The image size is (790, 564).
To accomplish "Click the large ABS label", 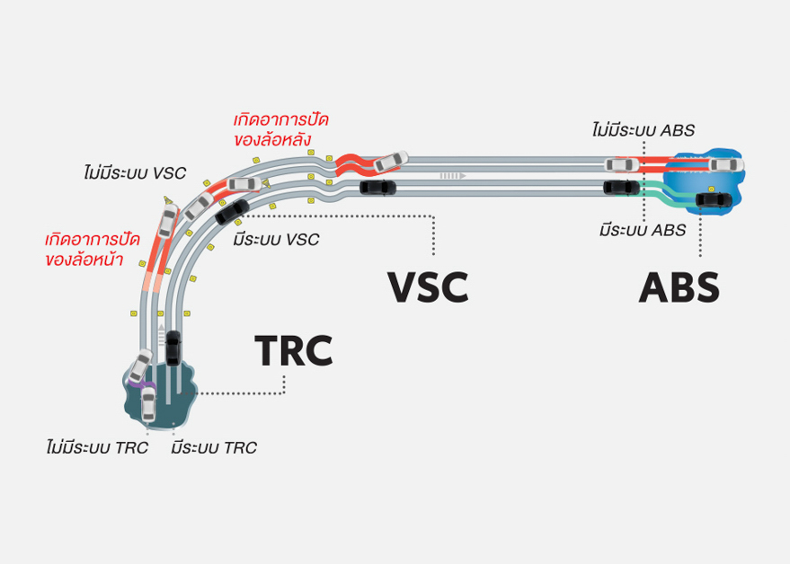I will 679,287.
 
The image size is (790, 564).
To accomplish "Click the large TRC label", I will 293,350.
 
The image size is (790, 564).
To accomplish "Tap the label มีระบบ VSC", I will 275,240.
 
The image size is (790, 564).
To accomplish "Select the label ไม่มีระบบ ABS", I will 644,130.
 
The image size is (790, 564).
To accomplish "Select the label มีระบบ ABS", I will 644,230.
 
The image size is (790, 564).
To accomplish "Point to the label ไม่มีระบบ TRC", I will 96,446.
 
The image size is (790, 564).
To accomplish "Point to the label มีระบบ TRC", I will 214,446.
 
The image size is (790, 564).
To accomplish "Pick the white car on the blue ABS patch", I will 724,164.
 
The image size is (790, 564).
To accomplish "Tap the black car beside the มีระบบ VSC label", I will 232,211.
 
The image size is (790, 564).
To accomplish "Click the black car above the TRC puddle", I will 173,348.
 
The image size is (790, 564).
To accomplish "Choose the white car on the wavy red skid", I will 389,161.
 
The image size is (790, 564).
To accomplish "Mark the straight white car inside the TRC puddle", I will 148,403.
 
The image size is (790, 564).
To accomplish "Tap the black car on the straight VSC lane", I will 376,187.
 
